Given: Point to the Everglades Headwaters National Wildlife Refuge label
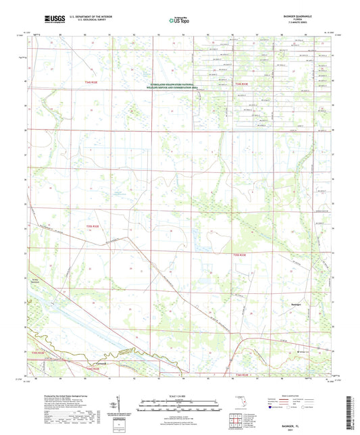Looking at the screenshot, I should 176,86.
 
